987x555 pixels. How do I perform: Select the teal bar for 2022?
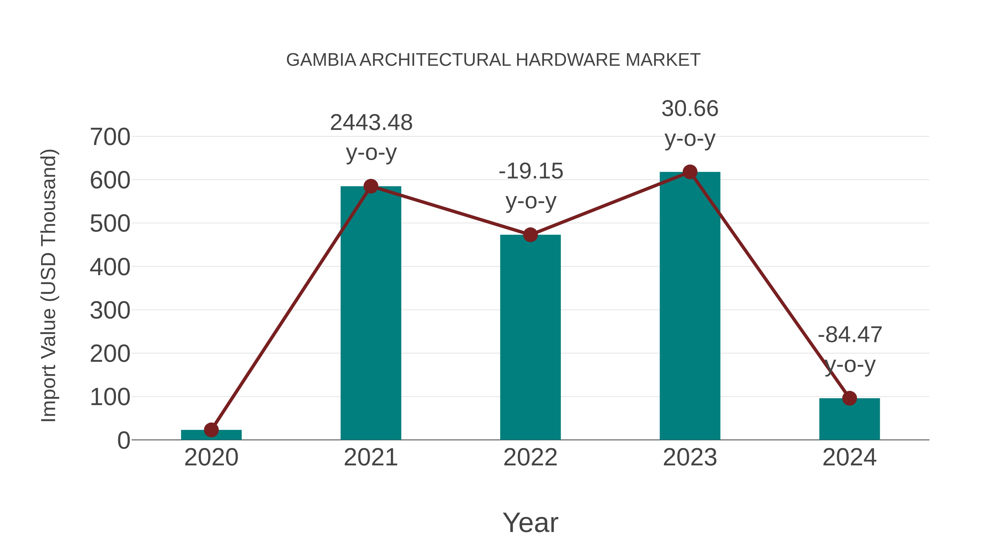(x=530, y=337)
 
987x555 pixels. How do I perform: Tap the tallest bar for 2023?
(x=690, y=306)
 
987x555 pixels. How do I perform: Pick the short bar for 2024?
(x=849, y=419)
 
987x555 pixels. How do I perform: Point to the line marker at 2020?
(x=211, y=430)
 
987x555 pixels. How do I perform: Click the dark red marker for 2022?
(x=530, y=235)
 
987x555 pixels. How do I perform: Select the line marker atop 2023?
(x=690, y=172)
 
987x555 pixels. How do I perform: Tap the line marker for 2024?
(x=849, y=398)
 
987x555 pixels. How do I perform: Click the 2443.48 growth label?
(x=371, y=123)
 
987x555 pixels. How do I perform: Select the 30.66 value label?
(x=690, y=109)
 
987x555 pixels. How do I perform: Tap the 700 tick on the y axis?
(x=110, y=137)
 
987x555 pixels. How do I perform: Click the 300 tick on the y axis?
(x=110, y=311)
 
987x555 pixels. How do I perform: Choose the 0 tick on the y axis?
(x=123, y=440)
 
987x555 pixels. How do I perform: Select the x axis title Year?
(x=530, y=523)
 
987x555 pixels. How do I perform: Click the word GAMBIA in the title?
(x=321, y=60)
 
